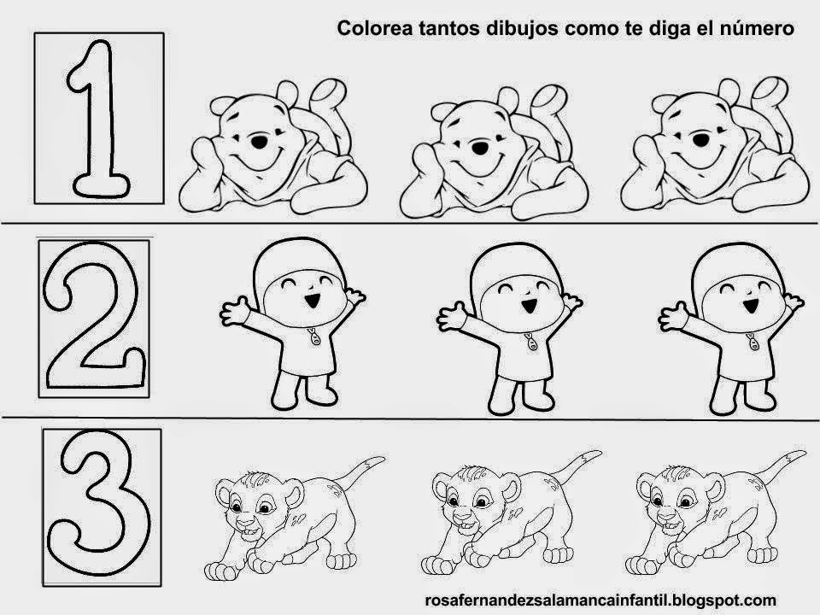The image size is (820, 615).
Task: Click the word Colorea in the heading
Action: coord(366,29)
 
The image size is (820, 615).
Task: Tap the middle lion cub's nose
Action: coord(460,518)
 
